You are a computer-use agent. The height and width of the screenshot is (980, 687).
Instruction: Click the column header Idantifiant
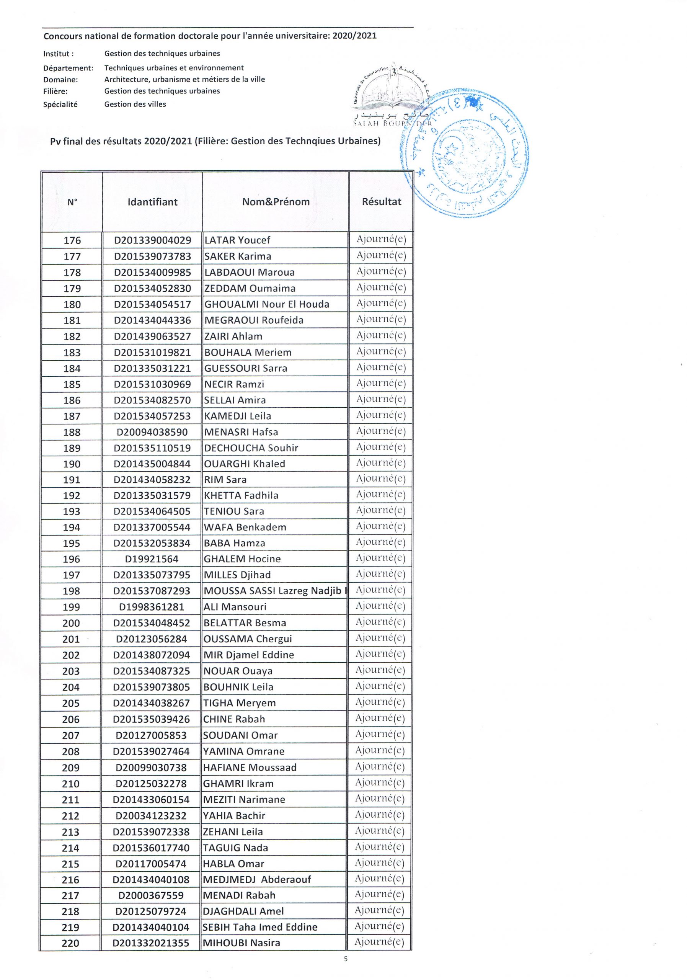pos(152,202)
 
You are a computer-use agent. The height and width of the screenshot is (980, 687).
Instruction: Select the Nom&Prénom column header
pos(276,202)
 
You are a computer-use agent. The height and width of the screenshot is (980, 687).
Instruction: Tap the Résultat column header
pos(382,201)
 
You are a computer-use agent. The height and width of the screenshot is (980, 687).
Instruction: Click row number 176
pos(72,240)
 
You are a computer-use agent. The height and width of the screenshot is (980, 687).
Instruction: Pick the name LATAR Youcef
pos(237,240)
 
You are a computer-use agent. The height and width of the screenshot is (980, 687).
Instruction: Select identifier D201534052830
pos(152,289)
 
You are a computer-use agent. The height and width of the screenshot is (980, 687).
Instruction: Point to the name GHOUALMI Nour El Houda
pos(267,304)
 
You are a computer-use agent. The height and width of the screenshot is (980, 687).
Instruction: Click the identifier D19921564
pos(152,559)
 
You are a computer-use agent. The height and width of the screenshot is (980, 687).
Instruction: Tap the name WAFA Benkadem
pos(245,527)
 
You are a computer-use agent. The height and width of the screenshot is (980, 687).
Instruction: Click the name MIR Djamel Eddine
pos(248,655)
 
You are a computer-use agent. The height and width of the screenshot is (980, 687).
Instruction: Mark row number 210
pos(71,784)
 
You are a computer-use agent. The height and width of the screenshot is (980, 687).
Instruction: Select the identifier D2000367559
pos(151,895)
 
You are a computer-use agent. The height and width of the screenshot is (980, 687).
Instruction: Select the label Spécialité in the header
pos(60,105)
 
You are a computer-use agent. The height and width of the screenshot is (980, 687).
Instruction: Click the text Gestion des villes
pos(135,104)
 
